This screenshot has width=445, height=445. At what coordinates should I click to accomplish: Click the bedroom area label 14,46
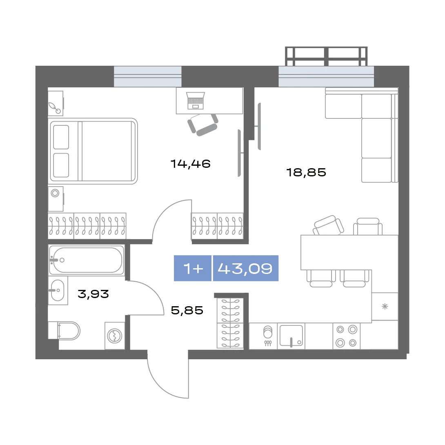point(190,164)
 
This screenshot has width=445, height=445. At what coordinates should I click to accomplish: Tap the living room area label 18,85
point(306,172)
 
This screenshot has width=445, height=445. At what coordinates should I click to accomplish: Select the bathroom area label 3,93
point(93,294)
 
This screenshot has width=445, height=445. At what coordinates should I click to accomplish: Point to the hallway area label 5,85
point(187,310)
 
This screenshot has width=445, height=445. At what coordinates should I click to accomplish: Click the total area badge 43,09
point(245,268)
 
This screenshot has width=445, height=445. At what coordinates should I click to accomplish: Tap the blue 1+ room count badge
point(193,268)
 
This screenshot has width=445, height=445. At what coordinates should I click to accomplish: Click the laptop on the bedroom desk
point(196,100)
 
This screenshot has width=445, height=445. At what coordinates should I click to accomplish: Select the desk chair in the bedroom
point(202,124)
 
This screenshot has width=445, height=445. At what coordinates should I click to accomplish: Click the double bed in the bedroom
point(93,151)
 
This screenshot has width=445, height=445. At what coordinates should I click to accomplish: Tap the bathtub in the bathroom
point(87,260)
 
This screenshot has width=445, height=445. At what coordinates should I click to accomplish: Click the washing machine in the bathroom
point(115,336)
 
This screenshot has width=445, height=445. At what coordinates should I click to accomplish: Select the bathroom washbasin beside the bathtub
point(58,290)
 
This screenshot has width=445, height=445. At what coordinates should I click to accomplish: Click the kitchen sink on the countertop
point(291,336)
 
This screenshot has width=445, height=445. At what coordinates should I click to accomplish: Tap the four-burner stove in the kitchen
point(347,336)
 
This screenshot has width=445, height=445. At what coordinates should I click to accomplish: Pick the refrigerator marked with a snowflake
point(385,307)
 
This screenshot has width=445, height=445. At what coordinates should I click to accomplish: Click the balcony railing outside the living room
point(326,56)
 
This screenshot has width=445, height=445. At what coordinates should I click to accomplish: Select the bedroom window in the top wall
point(147,76)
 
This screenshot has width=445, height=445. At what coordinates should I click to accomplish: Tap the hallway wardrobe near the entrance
point(230,323)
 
